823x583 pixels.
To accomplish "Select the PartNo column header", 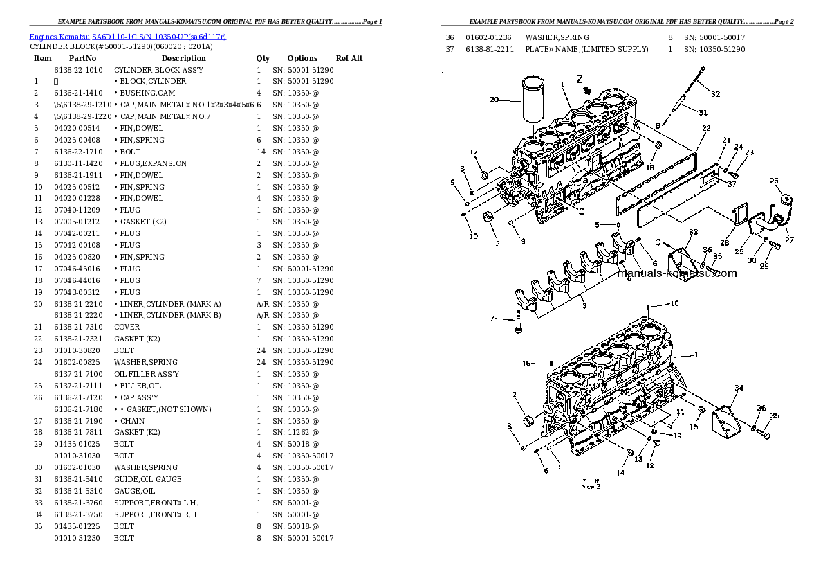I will click(82, 58).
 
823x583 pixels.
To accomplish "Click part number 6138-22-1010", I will click(77, 70).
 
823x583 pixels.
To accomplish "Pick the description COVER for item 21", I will click(127, 327).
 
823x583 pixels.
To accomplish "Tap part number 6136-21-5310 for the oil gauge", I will click(77, 491).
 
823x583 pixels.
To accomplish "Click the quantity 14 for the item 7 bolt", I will click(260, 152).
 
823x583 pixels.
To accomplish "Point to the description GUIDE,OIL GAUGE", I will click(147, 479).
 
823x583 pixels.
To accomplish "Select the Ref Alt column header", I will click(349, 58).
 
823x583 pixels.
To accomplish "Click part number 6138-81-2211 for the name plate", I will click(489, 49).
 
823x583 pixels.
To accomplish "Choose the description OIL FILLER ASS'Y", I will click(147, 374).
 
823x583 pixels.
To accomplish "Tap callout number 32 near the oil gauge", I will click(715, 93).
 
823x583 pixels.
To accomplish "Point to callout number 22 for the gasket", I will click(705, 128).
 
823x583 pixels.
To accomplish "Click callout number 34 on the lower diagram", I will click(739, 388).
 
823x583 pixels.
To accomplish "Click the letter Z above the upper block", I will click(580, 80).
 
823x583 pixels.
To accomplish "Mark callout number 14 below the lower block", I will click(621, 472).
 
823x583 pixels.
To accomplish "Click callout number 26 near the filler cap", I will click(774, 181).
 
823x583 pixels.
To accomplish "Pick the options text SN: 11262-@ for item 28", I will click(295, 432).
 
